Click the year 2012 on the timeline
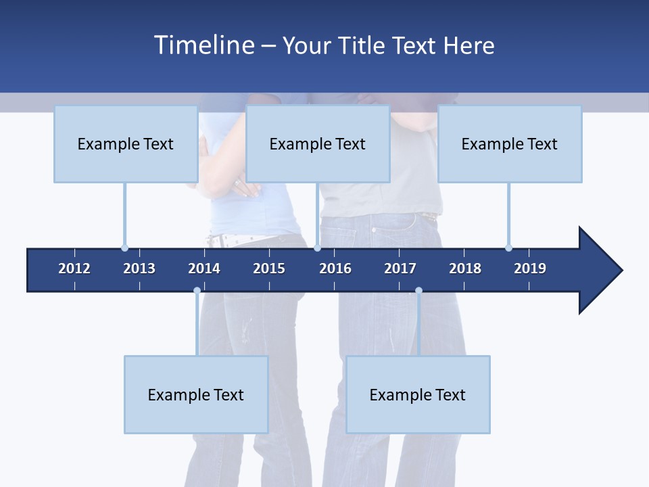pyautogui.click(x=74, y=269)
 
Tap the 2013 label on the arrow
pyautogui.click(x=139, y=269)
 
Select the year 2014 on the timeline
pyautogui.click(x=204, y=269)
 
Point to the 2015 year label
pyautogui.click(x=269, y=269)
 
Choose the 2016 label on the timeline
pyautogui.click(x=335, y=269)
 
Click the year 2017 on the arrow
pyautogui.click(x=400, y=269)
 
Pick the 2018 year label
pyautogui.click(x=465, y=269)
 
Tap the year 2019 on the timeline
pyautogui.click(x=530, y=269)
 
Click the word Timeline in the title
pyautogui.click(x=204, y=45)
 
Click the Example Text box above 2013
pyautogui.click(x=126, y=143)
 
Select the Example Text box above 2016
pyautogui.click(x=318, y=143)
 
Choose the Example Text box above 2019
pyautogui.click(x=510, y=143)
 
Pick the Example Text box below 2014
pyautogui.click(x=196, y=394)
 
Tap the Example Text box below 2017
pyautogui.click(x=418, y=394)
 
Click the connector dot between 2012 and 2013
pyautogui.click(x=124, y=248)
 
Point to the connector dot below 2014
pyautogui.click(x=197, y=290)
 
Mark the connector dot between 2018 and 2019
pyautogui.click(x=508, y=248)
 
